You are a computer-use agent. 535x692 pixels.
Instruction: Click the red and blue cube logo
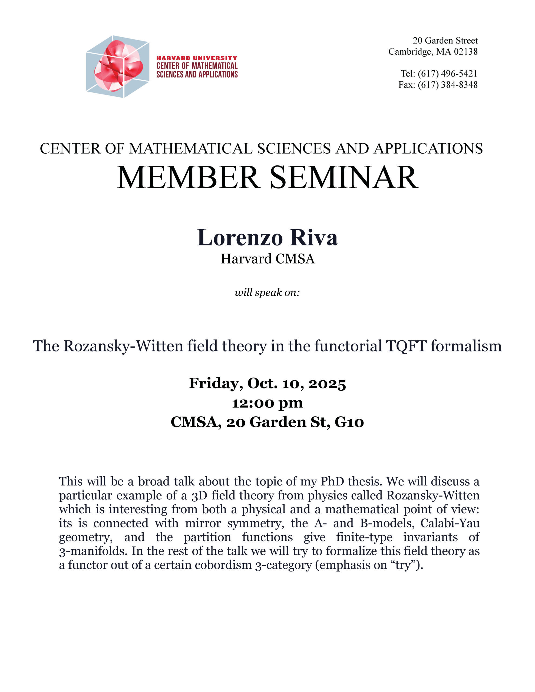click(118, 66)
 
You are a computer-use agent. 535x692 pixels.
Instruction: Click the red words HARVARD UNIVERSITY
click(197, 58)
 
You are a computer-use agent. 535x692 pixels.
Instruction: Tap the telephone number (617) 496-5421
click(447, 74)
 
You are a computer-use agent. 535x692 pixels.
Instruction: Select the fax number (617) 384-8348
click(447, 85)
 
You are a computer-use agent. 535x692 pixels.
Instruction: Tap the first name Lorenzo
click(240, 237)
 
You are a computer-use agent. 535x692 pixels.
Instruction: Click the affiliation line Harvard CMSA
click(267, 259)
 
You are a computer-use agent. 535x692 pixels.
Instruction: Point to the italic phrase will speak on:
click(267, 292)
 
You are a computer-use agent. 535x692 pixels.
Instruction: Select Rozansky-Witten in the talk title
click(123, 346)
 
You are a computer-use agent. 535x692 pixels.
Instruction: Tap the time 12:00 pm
click(267, 403)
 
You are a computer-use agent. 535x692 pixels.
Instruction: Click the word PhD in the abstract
click(332, 481)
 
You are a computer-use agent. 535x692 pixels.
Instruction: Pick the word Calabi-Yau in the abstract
click(450, 523)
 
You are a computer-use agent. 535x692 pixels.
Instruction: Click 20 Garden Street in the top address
click(445, 41)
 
